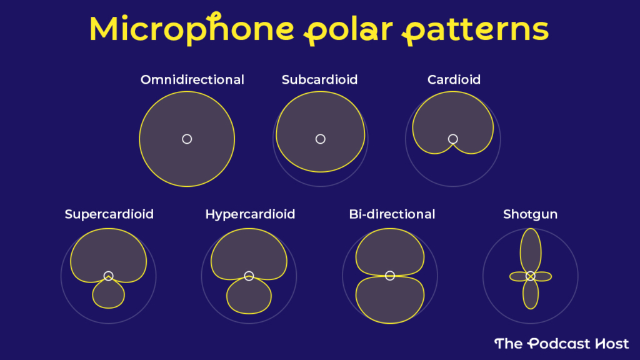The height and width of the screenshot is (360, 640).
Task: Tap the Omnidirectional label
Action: pyautogui.click(x=192, y=80)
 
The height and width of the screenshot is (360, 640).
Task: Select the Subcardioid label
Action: pyautogui.click(x=319, y=80)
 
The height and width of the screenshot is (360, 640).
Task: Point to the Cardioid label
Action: pyautogui.click(x=454, y=80)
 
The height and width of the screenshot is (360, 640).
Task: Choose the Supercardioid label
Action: pyautogui.click(x=109, y=214)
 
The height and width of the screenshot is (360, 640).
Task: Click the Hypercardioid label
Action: pyautogui.click(x=250, y=214)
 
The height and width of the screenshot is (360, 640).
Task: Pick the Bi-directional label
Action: pyautogui.click(x=392, y=214)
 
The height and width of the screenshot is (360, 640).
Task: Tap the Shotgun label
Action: pyautogui.click(x=531, y=214)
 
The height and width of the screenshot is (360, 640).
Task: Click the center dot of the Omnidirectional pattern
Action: pyautogui.click(x=187, y=139)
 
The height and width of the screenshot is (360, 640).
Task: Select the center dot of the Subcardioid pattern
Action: pyautogui.click(x=321, y=139)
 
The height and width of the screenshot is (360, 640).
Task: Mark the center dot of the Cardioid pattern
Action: pyautogui.click(x=453, y=139)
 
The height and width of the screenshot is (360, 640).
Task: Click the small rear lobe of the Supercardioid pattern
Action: pyautogui.click(x=108, y=295)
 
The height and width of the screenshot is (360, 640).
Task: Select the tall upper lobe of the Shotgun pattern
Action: pyautogui.click(x=531, y=247)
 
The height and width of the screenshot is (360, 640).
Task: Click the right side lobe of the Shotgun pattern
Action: pyautogui.click(x=542, y=276)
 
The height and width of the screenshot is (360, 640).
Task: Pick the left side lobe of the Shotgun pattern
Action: pyautogui.click(x=518, y=276)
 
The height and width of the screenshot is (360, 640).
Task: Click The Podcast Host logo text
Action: pyautogui.click(x=561, y=343)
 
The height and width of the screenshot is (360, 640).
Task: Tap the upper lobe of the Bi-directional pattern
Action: pyautogui.click(x=389, y=251)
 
